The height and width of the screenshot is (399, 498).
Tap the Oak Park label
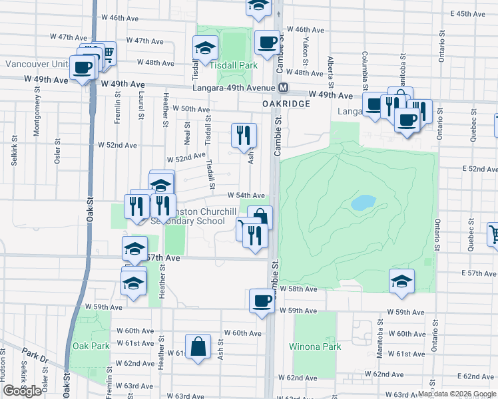91,346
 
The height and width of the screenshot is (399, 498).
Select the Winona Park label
315,346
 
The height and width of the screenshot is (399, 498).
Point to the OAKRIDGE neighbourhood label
286,104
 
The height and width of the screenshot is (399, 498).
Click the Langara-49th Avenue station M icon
284,88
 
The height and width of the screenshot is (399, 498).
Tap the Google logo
22,391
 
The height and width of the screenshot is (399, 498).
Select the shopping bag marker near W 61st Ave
198,346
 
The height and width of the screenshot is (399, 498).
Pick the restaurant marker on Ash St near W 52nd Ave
244,135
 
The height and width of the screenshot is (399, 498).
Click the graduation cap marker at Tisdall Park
206,47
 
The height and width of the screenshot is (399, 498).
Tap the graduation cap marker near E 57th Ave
402,281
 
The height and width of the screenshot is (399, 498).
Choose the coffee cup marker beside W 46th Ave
267,43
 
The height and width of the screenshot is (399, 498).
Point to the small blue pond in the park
364,202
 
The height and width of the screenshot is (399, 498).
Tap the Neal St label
187,133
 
